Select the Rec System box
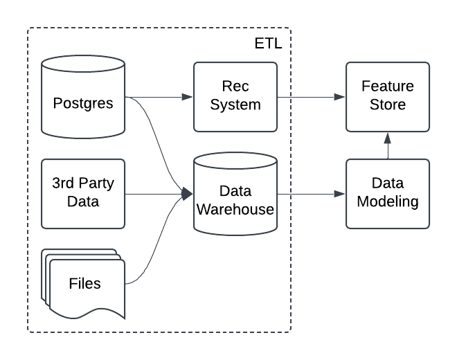235,97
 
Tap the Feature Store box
388,97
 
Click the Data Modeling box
388,193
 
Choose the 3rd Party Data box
83,193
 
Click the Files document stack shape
83,284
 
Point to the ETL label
269,44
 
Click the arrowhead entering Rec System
188,97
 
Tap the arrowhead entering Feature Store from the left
340,97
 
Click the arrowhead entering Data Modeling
340,194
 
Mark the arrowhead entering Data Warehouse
188,194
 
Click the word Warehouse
235,210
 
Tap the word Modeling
388,202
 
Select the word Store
388,105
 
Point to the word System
235,105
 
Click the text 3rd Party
83,185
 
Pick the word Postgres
83,105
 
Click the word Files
84,284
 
